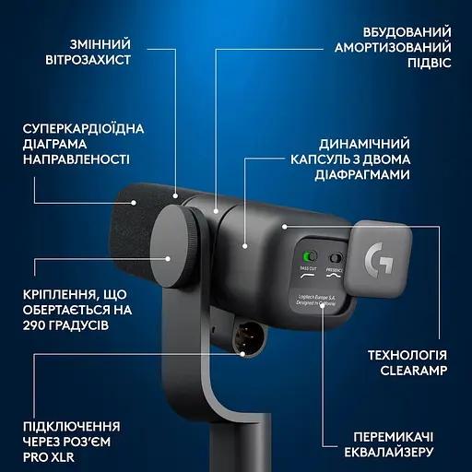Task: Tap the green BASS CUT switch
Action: [310, 257]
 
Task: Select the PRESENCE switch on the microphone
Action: [336, 258]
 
